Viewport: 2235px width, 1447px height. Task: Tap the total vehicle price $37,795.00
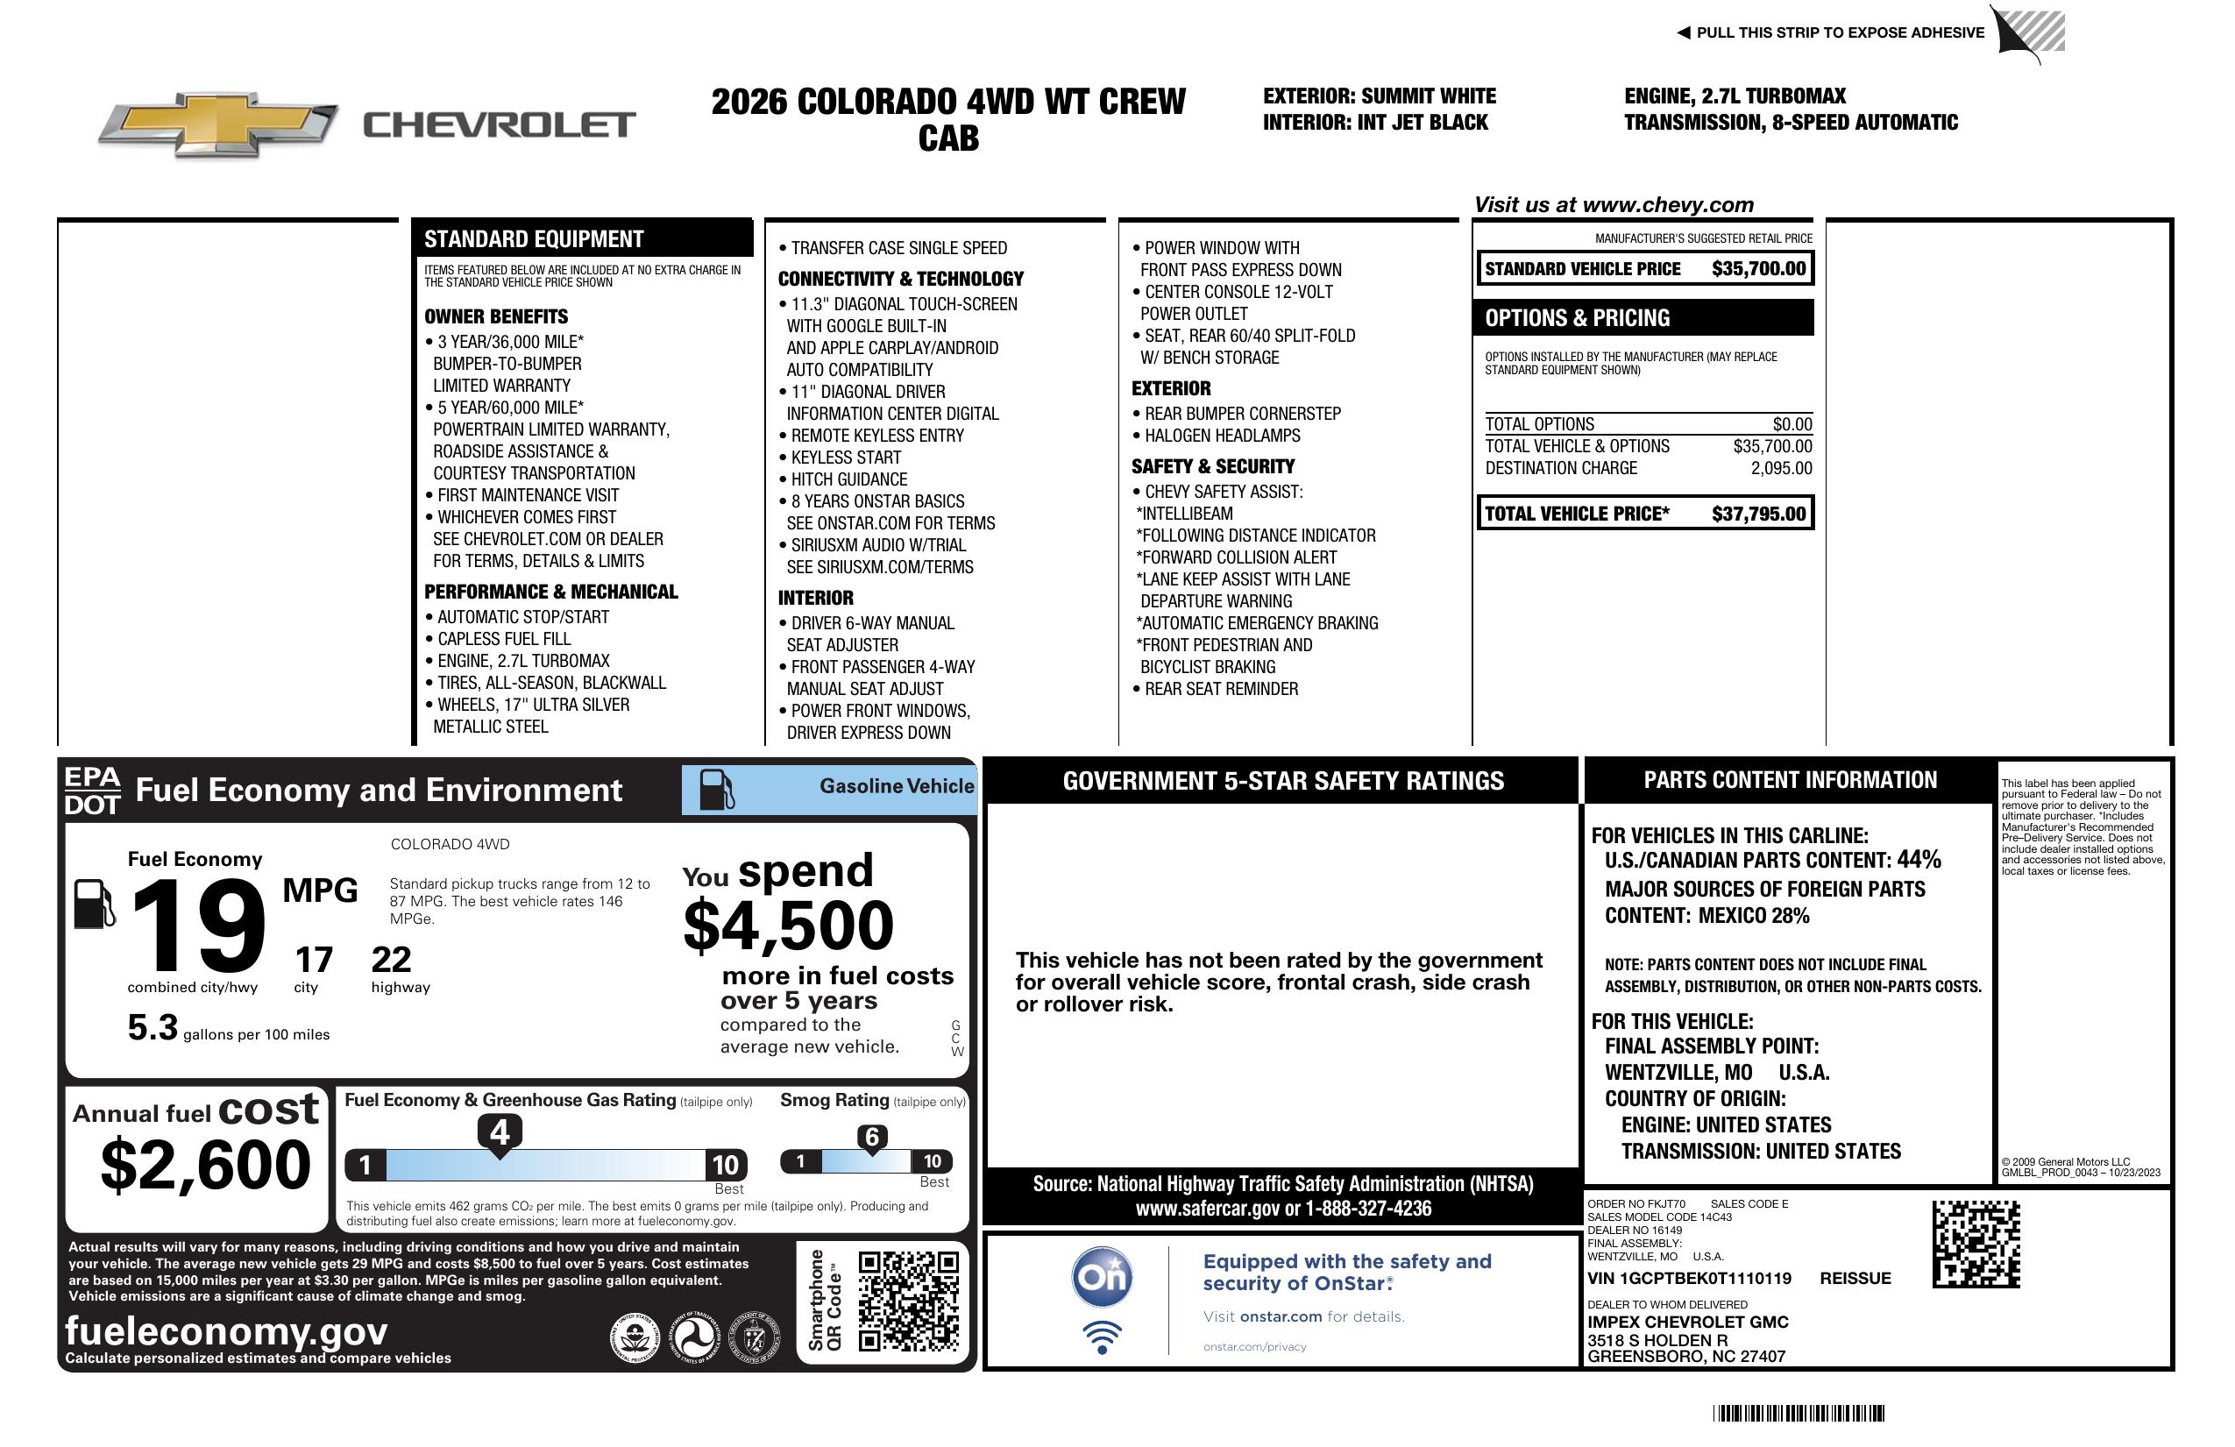tap(1758, 514)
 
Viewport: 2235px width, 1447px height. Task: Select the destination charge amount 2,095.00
tap(1780, 468)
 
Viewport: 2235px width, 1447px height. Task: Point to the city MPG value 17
tap(314, 960)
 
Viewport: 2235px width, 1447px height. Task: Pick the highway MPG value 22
tap(391, 960)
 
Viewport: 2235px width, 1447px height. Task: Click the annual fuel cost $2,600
tap(205, 1165)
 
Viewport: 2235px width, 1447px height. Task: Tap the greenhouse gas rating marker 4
tap(500, 1132)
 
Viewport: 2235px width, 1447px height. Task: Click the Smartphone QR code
tap(908, 1301)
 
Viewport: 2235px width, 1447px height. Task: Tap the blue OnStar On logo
tap(1102, 1277)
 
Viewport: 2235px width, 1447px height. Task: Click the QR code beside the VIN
tap(1976, 1244)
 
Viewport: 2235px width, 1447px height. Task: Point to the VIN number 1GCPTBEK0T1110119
tap(1688, 1278)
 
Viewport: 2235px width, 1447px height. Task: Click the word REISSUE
tap(1855, 1278)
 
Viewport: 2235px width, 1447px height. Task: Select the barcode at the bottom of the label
tap(1798, 1413)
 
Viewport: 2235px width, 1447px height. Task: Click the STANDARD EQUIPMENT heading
tap(534, 238)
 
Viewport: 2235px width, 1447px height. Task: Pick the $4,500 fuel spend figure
tap(788, 926)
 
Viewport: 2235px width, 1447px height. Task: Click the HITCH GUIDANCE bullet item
tap(848, 479)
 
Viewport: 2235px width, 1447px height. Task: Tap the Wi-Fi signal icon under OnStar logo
tap(1102, 1337)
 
